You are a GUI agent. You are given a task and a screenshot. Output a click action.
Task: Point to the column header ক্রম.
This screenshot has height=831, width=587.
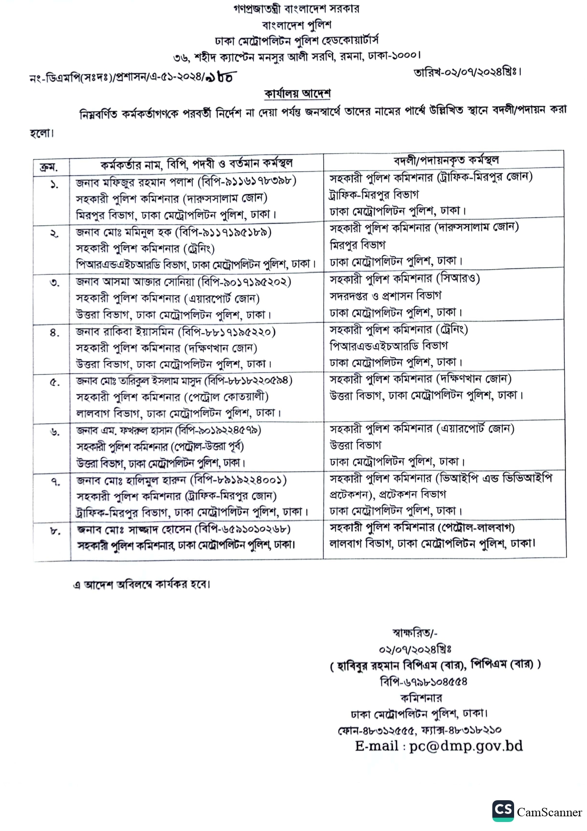tap(49, 167)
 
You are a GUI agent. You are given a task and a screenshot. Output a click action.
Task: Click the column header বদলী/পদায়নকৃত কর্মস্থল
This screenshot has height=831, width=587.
tap(445, 161)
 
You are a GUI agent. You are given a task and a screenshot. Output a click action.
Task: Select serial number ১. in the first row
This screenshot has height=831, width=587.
tap(54, 185)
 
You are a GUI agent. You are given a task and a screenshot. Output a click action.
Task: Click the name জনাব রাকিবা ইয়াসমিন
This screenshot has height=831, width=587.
tap(125, 332)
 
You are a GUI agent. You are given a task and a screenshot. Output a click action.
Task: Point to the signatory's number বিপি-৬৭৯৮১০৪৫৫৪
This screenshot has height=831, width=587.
tap(423, 681)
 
